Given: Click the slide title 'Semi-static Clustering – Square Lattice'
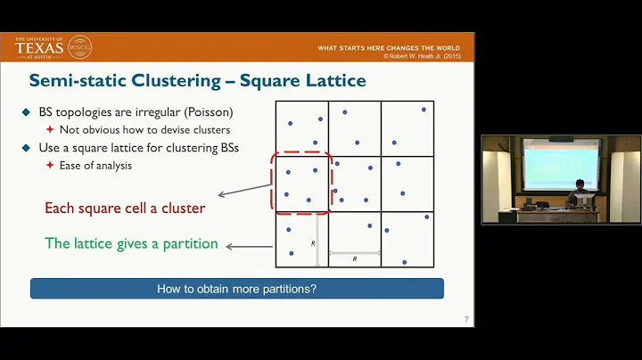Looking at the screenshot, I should (197, 81).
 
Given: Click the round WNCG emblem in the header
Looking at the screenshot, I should (79, 46).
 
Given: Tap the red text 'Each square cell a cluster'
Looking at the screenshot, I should (125, 209).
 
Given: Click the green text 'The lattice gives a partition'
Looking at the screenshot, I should (131, 243).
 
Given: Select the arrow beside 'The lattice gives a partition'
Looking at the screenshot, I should (249, 246).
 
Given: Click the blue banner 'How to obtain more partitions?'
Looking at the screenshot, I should (236, 289).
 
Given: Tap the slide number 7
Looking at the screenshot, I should (466, 320).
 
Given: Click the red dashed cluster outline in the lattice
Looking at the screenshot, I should (302, 183).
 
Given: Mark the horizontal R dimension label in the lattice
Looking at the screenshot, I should (355, 258).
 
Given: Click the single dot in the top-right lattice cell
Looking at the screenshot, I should (423, 109).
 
